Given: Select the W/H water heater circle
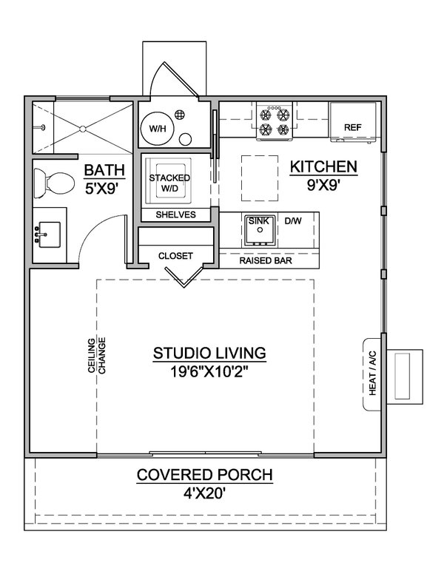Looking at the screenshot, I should point(157,129).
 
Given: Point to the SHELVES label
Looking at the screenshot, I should point(175,215).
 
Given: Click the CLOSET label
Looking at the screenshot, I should point(175,256).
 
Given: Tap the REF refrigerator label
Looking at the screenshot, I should point(353,128).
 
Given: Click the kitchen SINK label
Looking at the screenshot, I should point(258,220).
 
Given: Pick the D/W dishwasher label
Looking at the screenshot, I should point(293,220).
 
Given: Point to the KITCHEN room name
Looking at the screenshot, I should point(323,166).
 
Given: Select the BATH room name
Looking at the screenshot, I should point(104,169).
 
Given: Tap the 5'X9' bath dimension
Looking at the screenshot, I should point(103,188).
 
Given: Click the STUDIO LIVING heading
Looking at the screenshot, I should point(209,353).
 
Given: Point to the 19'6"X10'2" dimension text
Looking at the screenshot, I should point(209,372).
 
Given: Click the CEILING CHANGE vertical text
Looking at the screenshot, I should point(96,355).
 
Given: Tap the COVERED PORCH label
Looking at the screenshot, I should point(204,475).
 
